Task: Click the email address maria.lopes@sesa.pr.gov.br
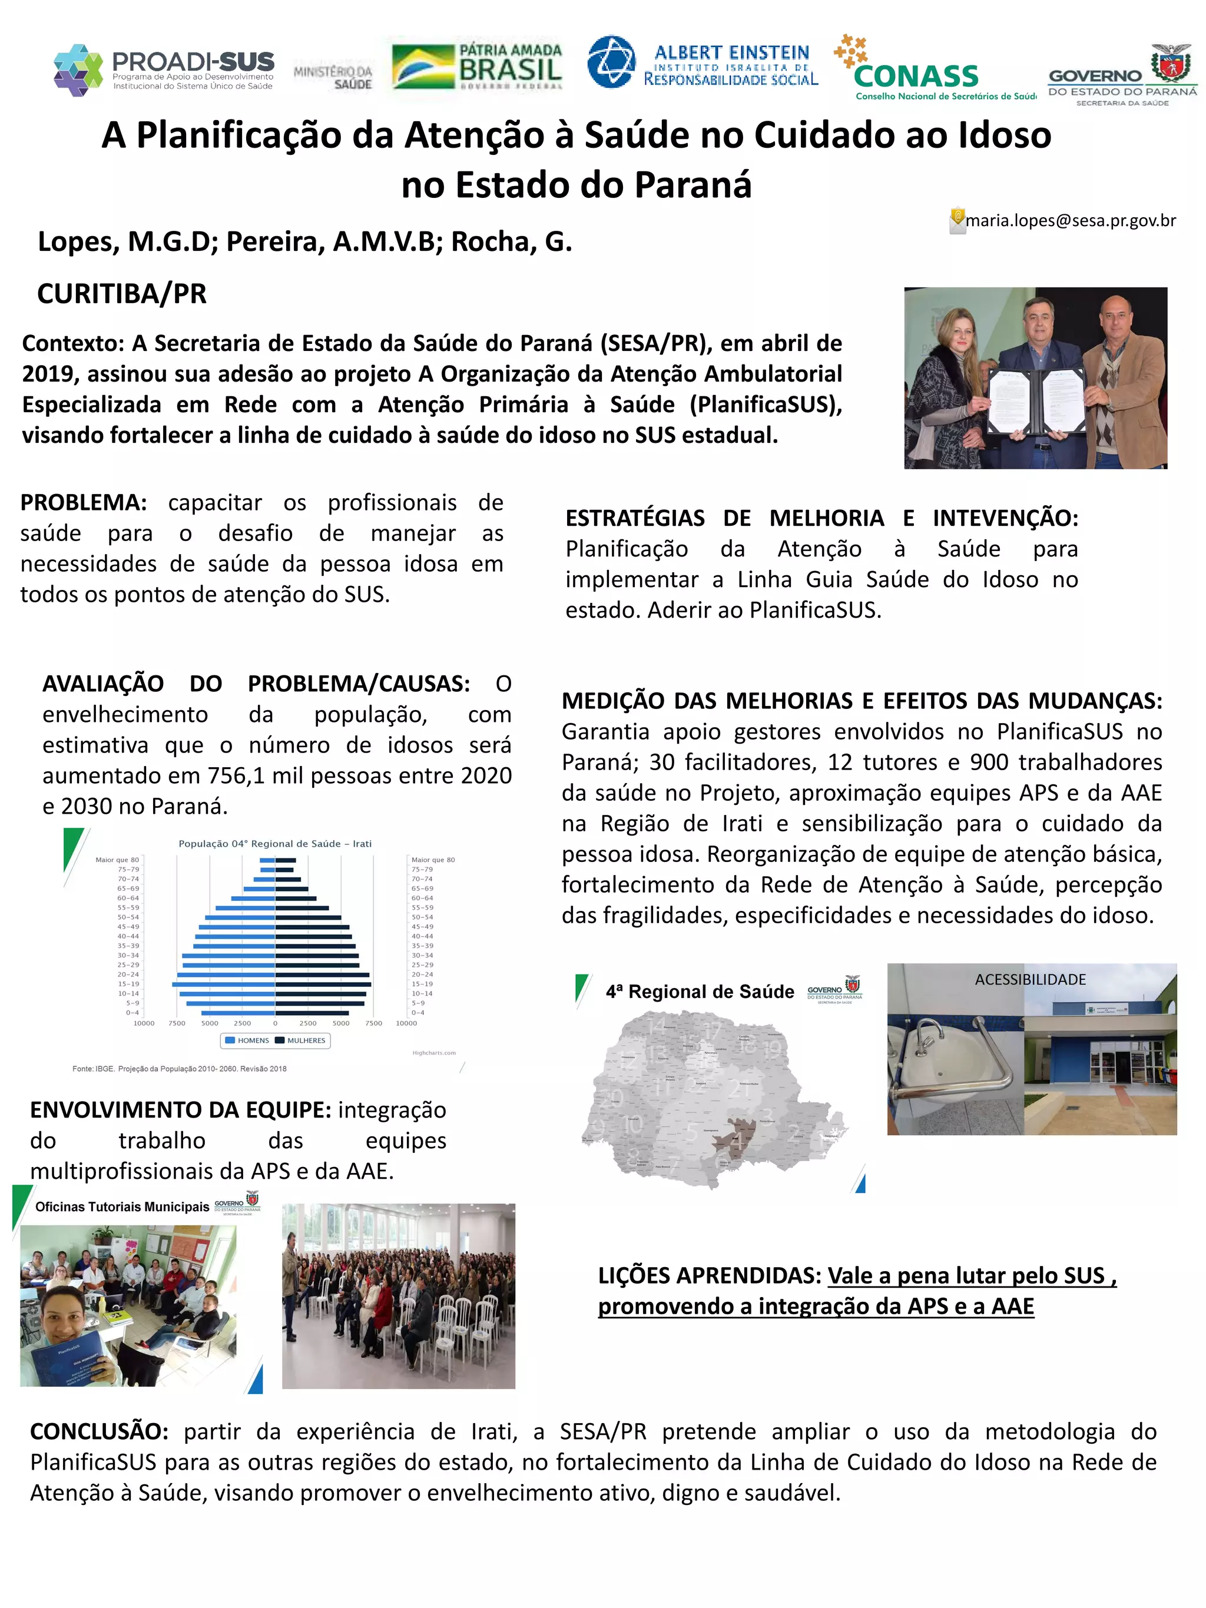tap(1070, 221)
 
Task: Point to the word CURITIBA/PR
tap(121, 294)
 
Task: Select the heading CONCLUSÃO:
tap(99, 1431)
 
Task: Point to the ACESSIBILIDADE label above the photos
tap(1030, 980)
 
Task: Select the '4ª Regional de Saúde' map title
tap(700, 992)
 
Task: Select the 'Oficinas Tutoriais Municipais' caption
tap(121, 1206)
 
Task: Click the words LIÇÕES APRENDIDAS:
tap(710, 1276)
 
